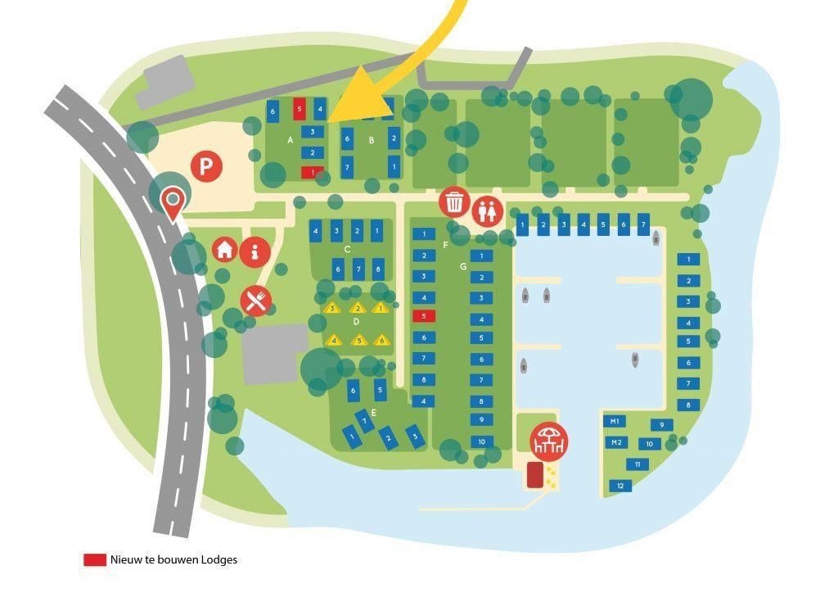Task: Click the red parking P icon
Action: tap(207, 167)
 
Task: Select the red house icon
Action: tap(226, 250)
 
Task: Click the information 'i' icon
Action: tap(256, 251)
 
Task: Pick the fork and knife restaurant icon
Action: tap(255, 301)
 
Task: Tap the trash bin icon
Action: tap(454, 201)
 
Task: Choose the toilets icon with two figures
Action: tap(488, 210)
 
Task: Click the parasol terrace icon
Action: tap(547, 440)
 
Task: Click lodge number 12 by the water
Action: tap(621, 486)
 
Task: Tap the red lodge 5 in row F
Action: tap(424, 315)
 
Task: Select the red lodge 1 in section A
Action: tap(312, 172)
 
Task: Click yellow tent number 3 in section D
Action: tap(332, 308)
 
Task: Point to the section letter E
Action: tap(373, 412)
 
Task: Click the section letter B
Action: tap(371, 140)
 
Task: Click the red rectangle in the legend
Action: tap(95, 559)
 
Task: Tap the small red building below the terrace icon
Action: tap(535, 474)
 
